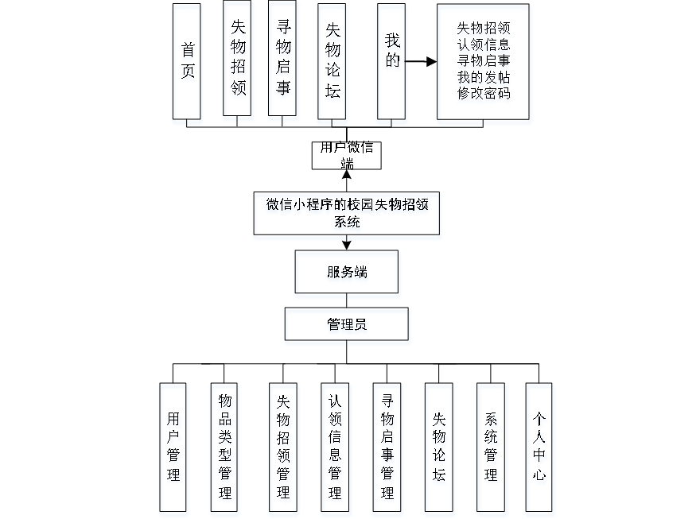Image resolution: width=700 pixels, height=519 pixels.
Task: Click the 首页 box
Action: click(187, 60)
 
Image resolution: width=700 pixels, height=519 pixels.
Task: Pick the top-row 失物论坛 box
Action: click(332, 60)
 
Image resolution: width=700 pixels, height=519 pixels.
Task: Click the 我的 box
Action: click(391, 60)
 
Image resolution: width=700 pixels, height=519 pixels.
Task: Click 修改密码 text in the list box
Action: click(483, 93)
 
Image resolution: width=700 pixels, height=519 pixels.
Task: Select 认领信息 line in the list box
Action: click(483, 43)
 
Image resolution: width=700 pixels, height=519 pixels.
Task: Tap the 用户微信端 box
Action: click(346, 155)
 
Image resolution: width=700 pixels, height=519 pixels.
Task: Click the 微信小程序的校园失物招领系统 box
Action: click(346, 213)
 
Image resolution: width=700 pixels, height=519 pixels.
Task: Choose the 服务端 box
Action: click(346, 272)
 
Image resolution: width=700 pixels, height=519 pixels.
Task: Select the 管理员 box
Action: click(346, 324)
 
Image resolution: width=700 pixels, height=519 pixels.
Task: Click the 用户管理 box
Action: click(173, 446)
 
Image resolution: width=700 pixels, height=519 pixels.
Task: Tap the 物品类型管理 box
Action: click(224, 446)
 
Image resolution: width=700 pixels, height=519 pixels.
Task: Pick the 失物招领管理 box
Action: click(282, 446)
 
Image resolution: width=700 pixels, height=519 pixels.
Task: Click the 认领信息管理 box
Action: click(334, 446)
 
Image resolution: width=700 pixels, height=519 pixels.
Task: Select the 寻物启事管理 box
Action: click(387, 446)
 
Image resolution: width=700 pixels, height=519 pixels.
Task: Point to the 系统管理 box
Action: click(490, 446)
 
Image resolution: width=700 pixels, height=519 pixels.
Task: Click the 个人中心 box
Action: click(539, 446)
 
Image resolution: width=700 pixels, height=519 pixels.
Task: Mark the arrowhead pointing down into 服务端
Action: click(346, 245)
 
